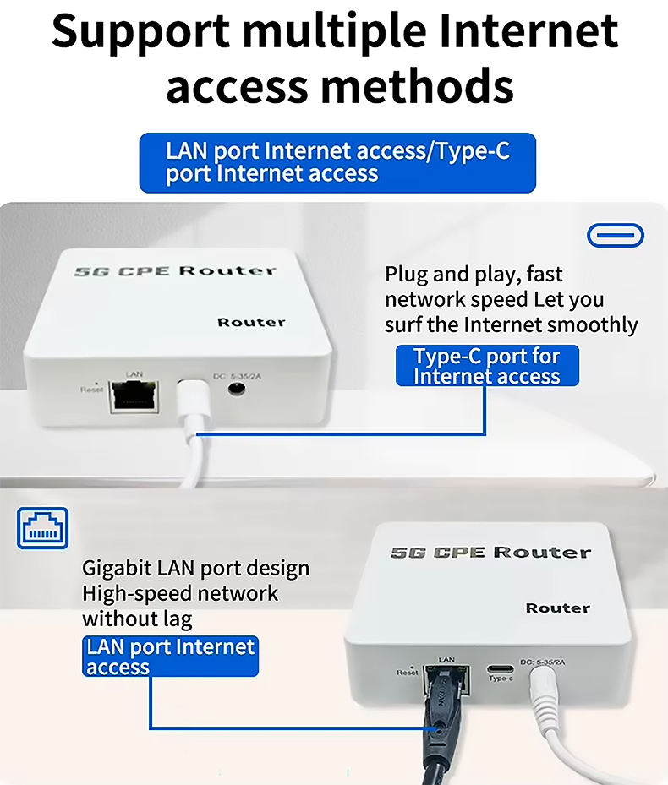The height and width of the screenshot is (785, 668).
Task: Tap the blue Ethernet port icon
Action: pyautogui.click(x=41, y=529)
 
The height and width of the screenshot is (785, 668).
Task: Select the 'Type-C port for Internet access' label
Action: pyautogui.click(x=487, y=366)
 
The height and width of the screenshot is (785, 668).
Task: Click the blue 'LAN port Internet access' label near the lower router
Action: pyautogui.click(x=170, y=657)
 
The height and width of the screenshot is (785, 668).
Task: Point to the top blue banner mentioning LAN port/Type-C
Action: pyautogui.click(x=337, y=162)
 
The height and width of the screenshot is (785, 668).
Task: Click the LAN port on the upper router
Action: pyautogui.click(x=133, y=395)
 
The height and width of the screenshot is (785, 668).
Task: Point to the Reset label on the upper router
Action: pyautogui.click(x=91, y=389)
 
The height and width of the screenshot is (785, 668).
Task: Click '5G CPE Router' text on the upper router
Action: pyautogui.click(x=175, y=271)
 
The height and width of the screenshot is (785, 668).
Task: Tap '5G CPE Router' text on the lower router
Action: pyautogui.click(x=490, y=553)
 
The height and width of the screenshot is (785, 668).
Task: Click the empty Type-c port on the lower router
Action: pyautogui.click(x=501, y=668)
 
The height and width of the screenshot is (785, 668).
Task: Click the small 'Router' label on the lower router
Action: pyautogui.click(x=557, y=608)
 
